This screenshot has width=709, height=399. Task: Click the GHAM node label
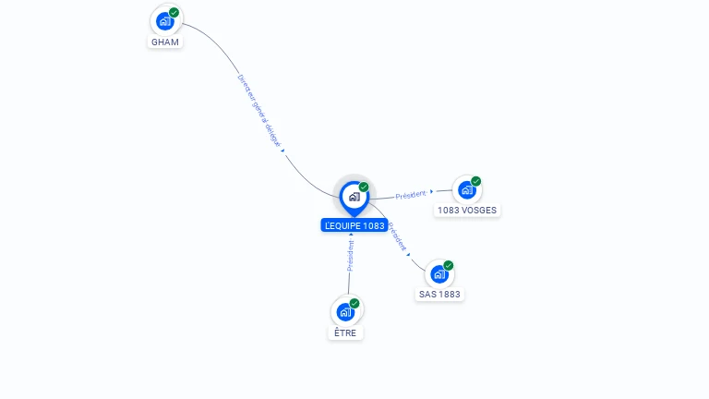pos(166,42)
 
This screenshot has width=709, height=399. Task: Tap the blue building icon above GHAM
pos(164,21)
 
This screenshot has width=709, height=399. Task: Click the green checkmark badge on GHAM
pos(174,13)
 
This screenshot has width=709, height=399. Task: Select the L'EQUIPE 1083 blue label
pos(354,225)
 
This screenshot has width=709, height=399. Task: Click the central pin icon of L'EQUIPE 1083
pos(354,197)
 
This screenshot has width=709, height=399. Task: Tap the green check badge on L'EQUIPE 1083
pos(364,187)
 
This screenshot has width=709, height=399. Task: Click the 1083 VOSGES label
pos(467,210)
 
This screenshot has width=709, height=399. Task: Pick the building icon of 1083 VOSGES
pos(466,190)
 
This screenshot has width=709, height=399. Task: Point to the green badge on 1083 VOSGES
pos(476,181)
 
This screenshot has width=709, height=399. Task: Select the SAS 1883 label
pos(439,294)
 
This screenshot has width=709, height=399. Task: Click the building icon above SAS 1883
pos(439,274)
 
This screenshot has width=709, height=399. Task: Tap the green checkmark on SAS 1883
pos(449,265)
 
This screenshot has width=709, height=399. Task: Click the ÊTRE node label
pos(346,332)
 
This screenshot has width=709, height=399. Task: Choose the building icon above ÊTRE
pos(344,312)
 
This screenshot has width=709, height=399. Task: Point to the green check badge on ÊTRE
pos(354,303)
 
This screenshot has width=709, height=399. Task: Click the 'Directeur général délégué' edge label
pos(259,111)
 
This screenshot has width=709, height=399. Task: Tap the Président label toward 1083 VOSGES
pos(411,195)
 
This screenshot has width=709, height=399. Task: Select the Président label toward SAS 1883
pos(397,236)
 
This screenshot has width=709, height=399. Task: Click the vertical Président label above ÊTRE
pos(351,256)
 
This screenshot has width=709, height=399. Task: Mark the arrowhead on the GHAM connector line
pos(282,150)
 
